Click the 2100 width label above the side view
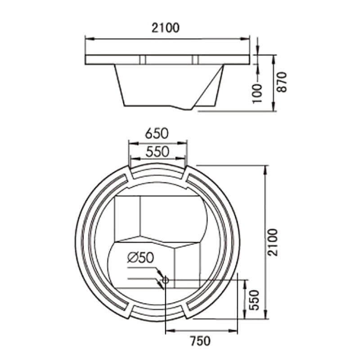click(x=165, y=28)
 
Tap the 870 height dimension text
click(x=282, y=82)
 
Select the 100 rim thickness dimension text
click(x=257, y=94)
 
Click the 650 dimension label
click(x=157, y=133)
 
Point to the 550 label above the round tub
click(x=157, y=152)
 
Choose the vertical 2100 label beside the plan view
click(x=273, y=242)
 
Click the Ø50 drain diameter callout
click(x=140, y=257)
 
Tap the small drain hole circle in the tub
click(x=165, y=280)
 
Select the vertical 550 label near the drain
click(x=254, y=300)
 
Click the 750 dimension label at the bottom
click(x=200, y=341)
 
